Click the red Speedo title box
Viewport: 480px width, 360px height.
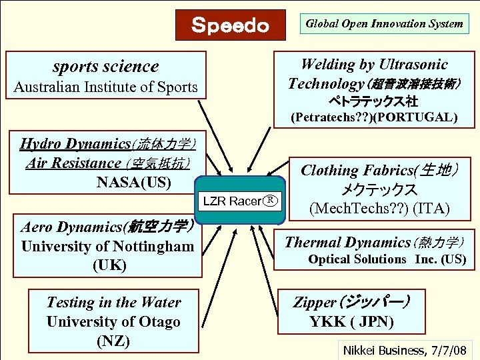[230, 25]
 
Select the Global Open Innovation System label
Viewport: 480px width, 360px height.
[384, 24]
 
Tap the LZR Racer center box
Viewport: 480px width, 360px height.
[238, 201]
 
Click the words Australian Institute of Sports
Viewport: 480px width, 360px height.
[105, 87]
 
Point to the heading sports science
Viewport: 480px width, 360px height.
[105, 66]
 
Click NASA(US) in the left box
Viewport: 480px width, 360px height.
[133, 182]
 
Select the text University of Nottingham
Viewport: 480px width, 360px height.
[107, 246]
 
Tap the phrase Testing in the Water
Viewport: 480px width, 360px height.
[113, 302]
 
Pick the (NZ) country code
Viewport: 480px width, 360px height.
[113, 341]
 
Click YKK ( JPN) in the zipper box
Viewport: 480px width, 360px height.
[351, 322]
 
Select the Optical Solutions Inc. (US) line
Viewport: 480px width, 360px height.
[387, 259]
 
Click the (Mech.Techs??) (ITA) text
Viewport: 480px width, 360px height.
[380, 208]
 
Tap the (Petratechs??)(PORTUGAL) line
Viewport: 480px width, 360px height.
[373, 117]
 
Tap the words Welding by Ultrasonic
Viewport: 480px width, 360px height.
[373, 65]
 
